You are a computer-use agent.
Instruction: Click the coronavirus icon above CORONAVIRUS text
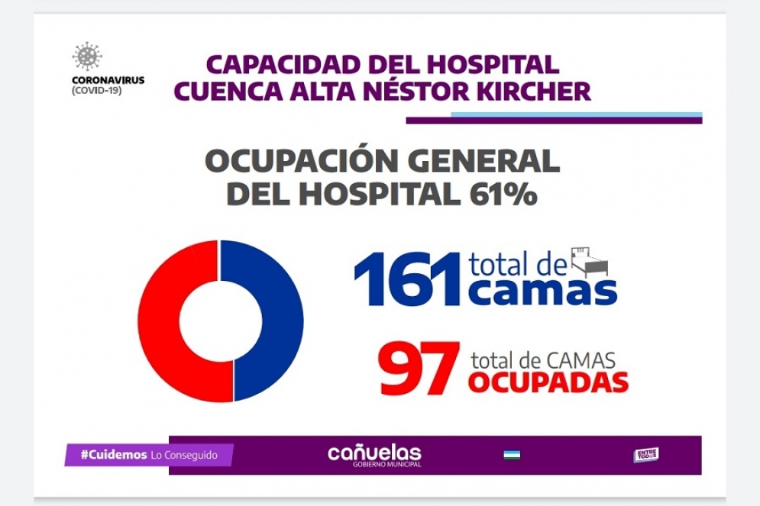(x=87, y=57)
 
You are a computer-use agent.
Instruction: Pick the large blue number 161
(x=407, y=279)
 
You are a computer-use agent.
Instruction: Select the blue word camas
(x=542, y=292)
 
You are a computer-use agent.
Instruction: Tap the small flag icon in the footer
(x=511, y=456)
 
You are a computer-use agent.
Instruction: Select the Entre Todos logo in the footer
(x=645, y=455)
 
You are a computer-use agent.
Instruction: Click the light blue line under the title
(x=576, y=115)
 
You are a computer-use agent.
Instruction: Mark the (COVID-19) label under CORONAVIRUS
(x=96, y=90)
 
